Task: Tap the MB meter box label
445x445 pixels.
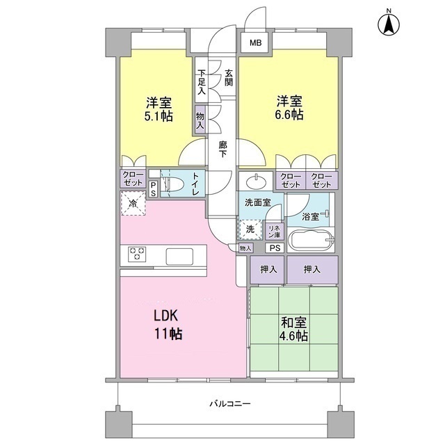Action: pyautogui.click(x=256, y=43)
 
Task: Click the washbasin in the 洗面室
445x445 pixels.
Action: pyautogui.click(x=255, y=181)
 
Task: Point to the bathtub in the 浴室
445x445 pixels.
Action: pyautogui.click(x=311, y=243)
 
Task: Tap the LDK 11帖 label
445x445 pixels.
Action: pyautogui.click(x=168, y=324)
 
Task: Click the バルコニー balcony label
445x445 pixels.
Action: pyautogui.click(x=229, y=404)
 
